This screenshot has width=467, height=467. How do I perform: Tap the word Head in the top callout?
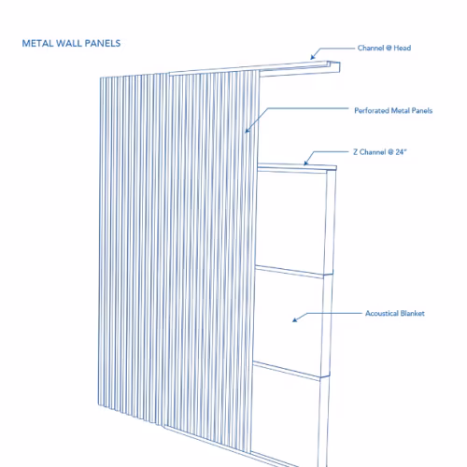tap(403, 48)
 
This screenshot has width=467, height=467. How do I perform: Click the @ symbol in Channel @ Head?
tap(389, 49)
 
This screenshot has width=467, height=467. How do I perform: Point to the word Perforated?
tap(372, 110)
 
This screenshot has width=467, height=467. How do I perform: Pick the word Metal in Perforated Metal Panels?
tap(400, 110)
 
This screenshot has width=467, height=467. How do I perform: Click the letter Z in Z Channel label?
tap(356, 152)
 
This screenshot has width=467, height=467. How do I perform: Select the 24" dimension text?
tap(401, 152)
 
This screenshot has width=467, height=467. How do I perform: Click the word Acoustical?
tap(382, 313)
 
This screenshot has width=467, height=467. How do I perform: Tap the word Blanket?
tap(413, 313)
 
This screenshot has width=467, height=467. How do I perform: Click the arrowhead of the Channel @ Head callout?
tap(313, 57)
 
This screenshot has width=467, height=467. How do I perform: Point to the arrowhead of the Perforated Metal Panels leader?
tap(248, 130)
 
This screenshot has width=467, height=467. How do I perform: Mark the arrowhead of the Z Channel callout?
tap(306, 163)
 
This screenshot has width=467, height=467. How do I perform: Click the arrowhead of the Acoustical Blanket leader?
tap(295, 319)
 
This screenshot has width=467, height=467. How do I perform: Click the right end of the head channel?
tap(339, 67)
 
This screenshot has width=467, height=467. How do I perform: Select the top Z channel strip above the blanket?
tap(297, 167)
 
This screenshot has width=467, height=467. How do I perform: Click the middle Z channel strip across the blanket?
tap(294, 272)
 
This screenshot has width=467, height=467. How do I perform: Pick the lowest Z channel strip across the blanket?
tap(291, 371)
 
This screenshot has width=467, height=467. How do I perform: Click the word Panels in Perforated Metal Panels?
tap(422, 110)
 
